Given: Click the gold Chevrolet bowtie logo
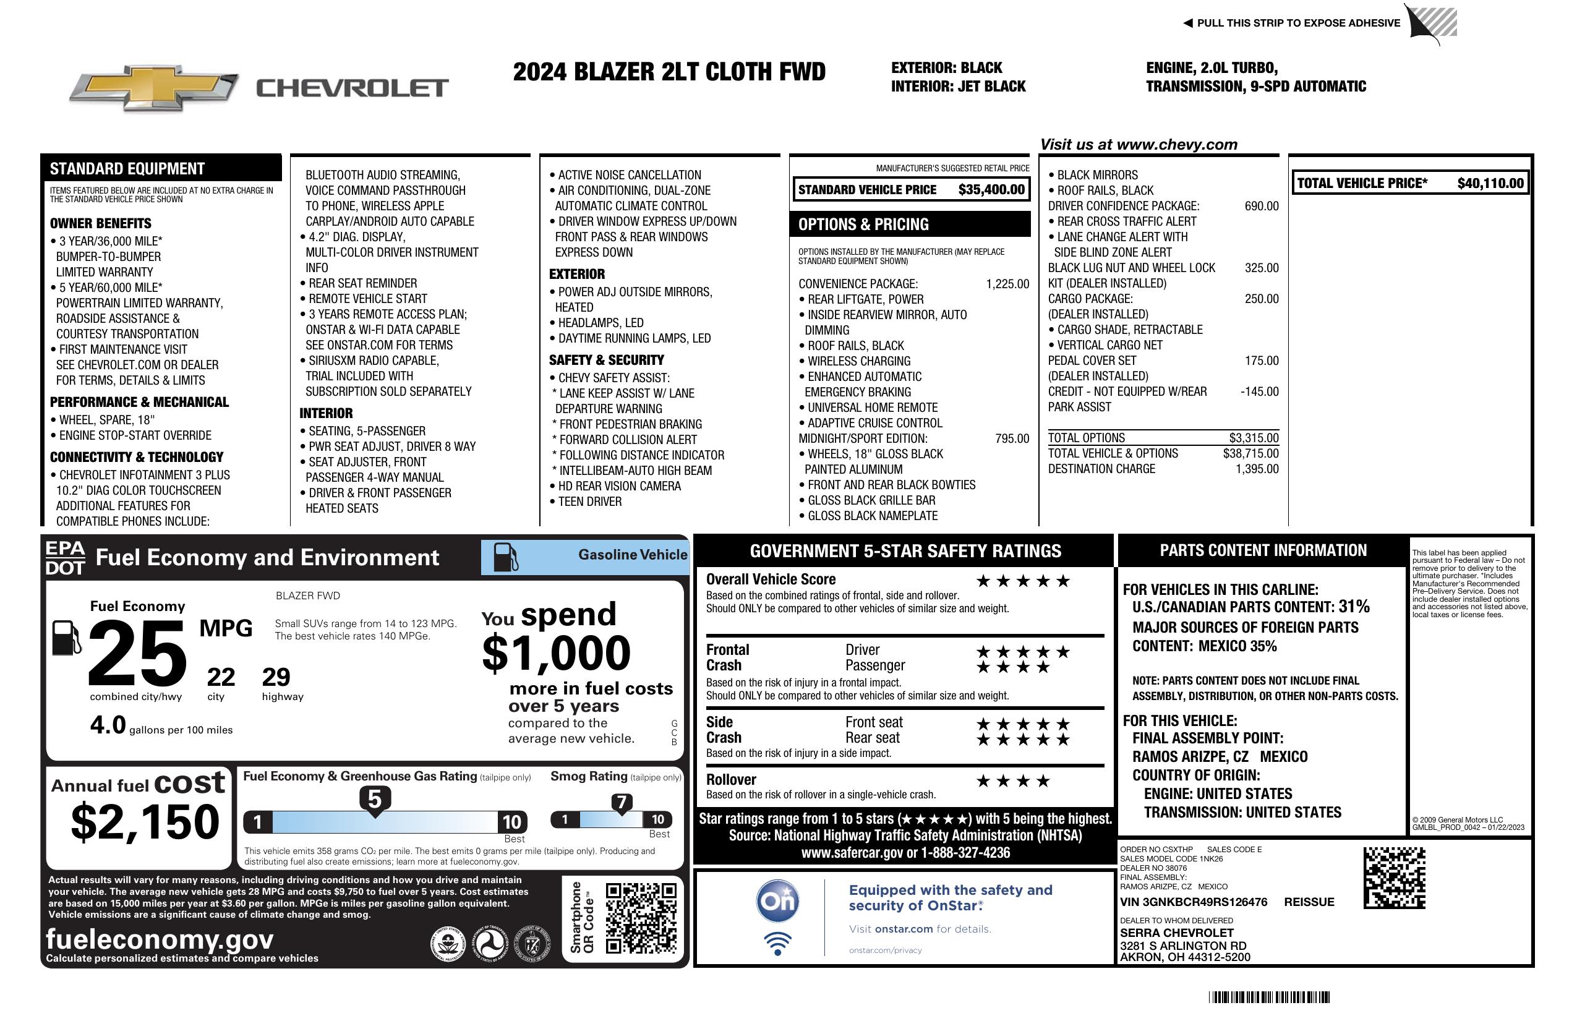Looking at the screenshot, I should [x=154, y=87].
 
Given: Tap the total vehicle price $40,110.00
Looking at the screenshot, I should [x=1490, y=184].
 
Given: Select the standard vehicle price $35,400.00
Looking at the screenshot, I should [x=991, y=190].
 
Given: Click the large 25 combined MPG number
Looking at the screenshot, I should [x=137, y=653].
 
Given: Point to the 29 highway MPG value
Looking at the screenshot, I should [x=276, y=677].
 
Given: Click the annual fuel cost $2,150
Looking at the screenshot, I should [x=145, y=822].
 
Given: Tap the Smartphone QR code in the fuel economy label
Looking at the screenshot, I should [x=641, y=918].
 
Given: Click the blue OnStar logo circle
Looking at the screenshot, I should [x=777, y=901].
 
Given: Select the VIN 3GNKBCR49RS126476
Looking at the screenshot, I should [x=1194, y=902].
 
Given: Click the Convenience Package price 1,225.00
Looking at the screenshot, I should [x=1007, y=284].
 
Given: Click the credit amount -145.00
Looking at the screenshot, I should [x=1259, y=391].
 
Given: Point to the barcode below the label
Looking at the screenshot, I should [x=1269, y=997].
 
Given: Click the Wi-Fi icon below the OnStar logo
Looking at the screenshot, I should [x=777, y=943].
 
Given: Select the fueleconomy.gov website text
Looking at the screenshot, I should [x=160, y=939].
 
